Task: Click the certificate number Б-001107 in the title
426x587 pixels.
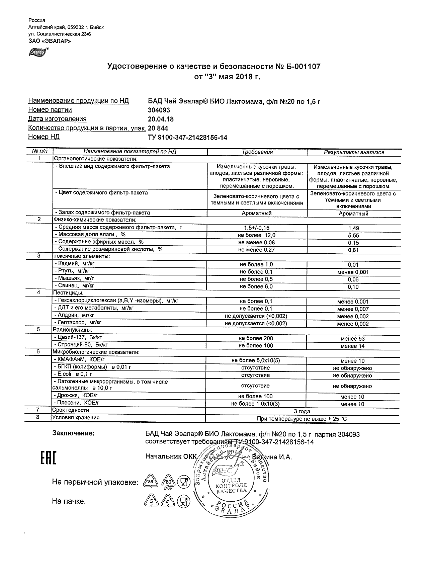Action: coord(303,67)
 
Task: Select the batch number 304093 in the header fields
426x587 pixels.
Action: coord(159,110)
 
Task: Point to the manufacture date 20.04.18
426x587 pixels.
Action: coord(161,119)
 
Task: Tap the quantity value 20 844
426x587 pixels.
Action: coord(158,128)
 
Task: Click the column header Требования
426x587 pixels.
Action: coord(257,152)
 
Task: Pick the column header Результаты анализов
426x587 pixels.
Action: coord(354,152)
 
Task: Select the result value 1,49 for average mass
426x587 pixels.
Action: coord(353,228)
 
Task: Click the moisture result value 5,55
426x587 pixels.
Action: coord(353,236)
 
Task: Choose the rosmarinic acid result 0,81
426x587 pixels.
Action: coord(353,250)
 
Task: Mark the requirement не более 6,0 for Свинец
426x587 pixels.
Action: coord(256,286)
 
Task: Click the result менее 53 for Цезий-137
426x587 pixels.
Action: coord(353,339)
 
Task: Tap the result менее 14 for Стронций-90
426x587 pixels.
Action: coord(353,346)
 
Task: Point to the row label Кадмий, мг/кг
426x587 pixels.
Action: coord(74,264)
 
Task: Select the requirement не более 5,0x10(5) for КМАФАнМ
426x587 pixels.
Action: coord(256,361)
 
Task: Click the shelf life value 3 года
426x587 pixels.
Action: coord(302,411)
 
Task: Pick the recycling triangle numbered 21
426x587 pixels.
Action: coord(168,501)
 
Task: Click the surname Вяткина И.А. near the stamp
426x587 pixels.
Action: coord(272,457)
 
